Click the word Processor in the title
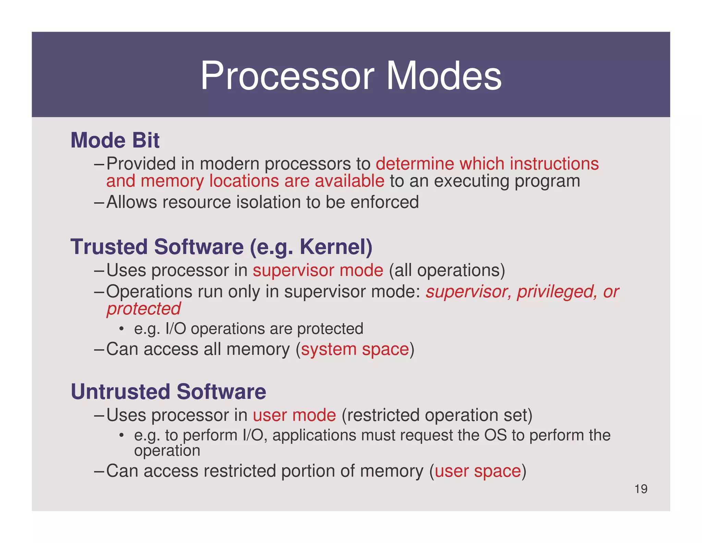[x=287, y=76]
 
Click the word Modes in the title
[x=444, y=76]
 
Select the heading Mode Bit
[x=115, y=140]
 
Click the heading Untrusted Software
[x=168, y=392]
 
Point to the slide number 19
[x=641, y=489]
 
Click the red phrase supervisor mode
[x=318, y=270]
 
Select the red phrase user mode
[x=294, y=415]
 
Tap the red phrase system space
[x=355, y=349]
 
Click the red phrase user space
[x=477, y=471]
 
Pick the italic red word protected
[x=143, y=309]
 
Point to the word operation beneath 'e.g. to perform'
[x=167, y=451]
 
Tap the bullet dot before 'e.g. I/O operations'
[x=121, y=329]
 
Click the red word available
[x=349, y=181]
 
